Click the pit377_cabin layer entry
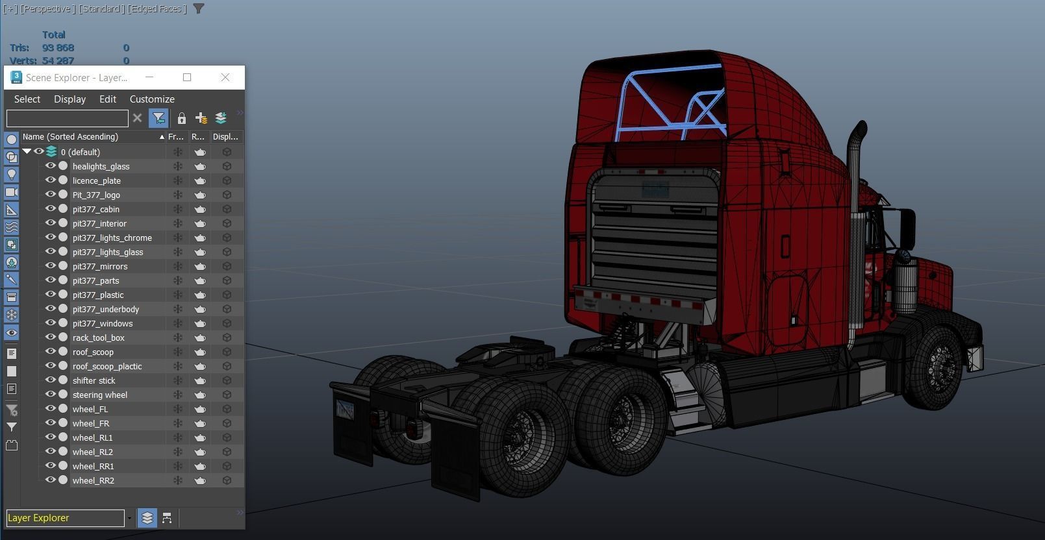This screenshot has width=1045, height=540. [96, 209]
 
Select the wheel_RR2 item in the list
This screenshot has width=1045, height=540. [94, 480]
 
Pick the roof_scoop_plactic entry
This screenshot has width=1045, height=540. [107, 366]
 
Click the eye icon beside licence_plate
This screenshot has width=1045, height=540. [50, 180]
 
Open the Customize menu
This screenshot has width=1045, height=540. [152, 99]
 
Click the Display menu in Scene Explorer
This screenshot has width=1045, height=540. [69, 99]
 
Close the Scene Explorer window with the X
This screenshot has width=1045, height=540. [225, 77]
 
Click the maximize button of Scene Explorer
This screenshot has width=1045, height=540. [187, 77]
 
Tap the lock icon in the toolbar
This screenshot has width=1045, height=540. [182, 118]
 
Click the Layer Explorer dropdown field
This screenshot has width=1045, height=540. [65, 518]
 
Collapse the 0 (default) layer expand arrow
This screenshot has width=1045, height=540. [27, 151]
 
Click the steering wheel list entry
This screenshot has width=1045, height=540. [100, 395]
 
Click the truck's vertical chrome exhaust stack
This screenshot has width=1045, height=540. [855, 234]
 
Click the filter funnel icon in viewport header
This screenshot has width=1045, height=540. [199, 8]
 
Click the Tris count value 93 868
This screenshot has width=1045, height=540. [58, 47]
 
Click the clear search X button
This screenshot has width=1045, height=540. [137, 118]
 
